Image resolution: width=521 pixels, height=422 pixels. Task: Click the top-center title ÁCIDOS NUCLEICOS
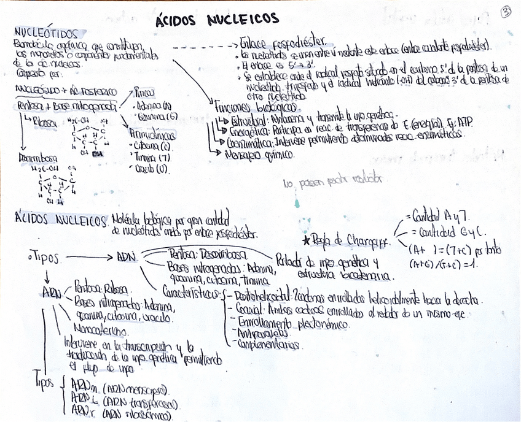[x=217, y=20]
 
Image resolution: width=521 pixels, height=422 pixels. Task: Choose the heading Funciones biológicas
[x=245, y=106]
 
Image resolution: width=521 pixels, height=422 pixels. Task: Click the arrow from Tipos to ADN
[x=87, y=257]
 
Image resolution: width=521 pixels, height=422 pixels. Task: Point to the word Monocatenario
[x=98, y=329]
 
